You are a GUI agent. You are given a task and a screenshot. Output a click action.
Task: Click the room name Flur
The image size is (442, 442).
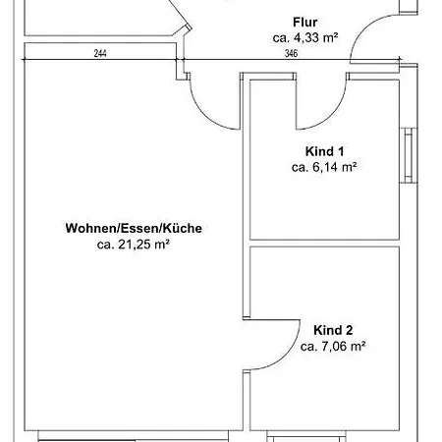[x=304, y=22]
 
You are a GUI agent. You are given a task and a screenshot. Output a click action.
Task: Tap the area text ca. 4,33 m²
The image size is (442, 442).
[x=304, y=37]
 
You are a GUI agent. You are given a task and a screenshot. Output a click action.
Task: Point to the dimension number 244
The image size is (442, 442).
[x=100, y=54]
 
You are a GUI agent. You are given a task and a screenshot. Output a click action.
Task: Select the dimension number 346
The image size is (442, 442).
[x=291, y=54]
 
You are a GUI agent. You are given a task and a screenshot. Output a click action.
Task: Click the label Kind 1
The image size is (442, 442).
[x=324, y=151]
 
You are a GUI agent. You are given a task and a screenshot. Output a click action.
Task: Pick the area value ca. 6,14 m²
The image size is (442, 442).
[x=324, y=167]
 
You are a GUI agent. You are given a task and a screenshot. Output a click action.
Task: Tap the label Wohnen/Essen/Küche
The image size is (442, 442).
[x=134, y=228]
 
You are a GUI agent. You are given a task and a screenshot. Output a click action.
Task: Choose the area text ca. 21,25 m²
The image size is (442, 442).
[x=134, y=244]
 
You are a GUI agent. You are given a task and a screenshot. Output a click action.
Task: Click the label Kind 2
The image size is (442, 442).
[x=333, y=330]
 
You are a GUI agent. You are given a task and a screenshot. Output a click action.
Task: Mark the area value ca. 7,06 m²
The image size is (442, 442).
[x=333, y=346]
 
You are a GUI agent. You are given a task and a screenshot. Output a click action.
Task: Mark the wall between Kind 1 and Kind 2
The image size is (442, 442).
[x=324, y=243]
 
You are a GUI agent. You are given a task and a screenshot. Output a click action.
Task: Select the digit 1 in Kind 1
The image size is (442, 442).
[x=343, y=151]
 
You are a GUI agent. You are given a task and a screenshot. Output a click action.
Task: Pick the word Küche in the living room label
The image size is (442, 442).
[x=184, y=228]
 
